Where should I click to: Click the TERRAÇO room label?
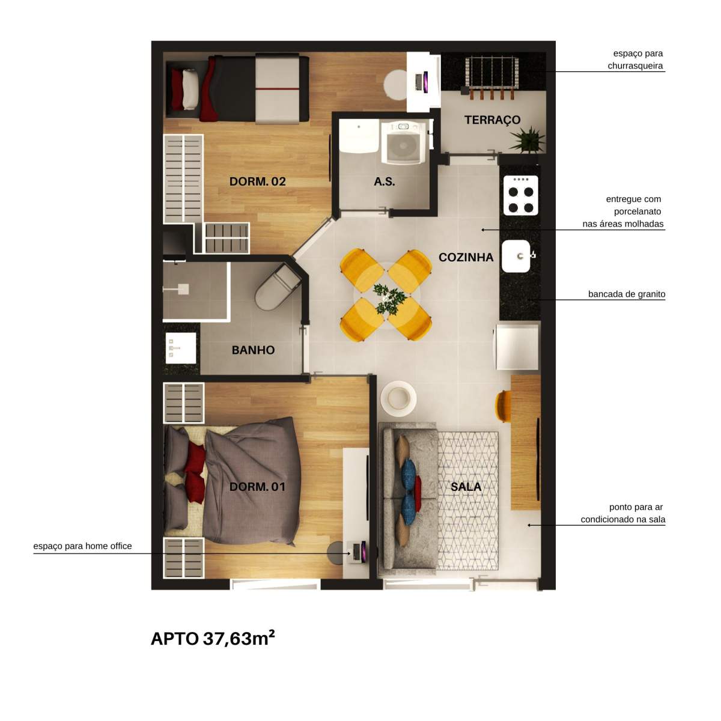point(492,120)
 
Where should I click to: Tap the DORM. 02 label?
point(257,181)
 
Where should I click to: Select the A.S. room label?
point(385,181)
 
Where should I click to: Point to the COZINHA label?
point(466,258)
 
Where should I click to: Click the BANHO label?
point(253,350)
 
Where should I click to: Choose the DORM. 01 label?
point(257,487)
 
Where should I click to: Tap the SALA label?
point(466,487)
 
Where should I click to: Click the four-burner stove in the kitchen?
point(520,195)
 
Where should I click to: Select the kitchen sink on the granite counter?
point(516,257)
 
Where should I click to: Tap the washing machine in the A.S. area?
point(404,142)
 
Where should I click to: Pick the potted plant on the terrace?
point(528,140)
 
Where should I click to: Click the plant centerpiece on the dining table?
point(388,297)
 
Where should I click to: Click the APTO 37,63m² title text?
point(213,638)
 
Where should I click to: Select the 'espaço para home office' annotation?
point(82,546)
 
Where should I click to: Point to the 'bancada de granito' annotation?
point(626,294)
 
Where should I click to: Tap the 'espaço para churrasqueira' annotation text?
point(635,60)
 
